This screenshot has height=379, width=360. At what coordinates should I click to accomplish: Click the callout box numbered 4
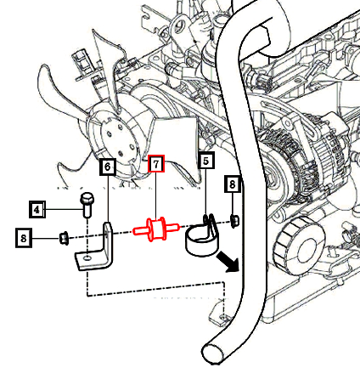point(37,209)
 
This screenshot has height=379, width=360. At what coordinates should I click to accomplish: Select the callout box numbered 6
point(108,167)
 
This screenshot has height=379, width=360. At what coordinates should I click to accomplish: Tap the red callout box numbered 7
point(156,163)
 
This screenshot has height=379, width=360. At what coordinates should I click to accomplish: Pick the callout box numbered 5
point(206,161)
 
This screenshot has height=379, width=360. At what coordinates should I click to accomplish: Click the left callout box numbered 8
point(24,238)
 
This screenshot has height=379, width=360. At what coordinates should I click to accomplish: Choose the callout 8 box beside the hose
point(233,184)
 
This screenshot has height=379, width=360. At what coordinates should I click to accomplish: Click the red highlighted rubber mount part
point(156,229)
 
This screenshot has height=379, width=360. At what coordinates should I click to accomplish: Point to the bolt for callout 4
point(87,205)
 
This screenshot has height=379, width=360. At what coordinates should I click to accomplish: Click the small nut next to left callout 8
point(64,238)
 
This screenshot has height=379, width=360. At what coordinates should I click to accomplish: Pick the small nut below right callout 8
point(234,221)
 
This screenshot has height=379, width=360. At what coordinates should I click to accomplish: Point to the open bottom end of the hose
point(214,353)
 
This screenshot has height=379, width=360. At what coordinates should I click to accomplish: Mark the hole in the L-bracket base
point(87,257)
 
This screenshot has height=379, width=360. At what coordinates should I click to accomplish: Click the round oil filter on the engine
point(299,246)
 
